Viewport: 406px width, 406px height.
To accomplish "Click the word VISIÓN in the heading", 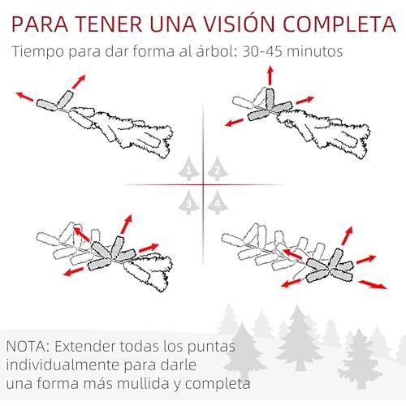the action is coord(239,24).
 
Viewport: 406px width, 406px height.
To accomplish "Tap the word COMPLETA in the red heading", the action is coord(339,24).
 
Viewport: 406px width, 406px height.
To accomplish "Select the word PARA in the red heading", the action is coord(40,24).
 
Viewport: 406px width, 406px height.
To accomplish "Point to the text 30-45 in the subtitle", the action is coord(261,51).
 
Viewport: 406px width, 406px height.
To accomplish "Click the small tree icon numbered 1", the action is coord(189,168).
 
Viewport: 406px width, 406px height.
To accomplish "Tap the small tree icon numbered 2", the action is coord(218,168).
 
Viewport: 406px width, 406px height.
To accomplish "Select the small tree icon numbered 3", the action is coord(189,202).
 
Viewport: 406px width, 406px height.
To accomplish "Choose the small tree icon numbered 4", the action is coord(218,202).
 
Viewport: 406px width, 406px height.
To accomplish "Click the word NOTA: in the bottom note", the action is coord(28,346).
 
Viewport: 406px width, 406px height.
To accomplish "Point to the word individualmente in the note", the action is coord(63,365).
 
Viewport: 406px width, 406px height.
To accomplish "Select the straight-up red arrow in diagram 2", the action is coord(270,76).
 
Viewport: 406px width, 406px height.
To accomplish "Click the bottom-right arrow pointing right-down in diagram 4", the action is coord(373,285).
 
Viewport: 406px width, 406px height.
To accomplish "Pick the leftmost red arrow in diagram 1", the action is coord(24,97).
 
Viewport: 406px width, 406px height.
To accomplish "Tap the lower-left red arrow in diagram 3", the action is coord(73,271).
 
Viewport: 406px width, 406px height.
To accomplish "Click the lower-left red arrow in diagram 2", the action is coord(234,123).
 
